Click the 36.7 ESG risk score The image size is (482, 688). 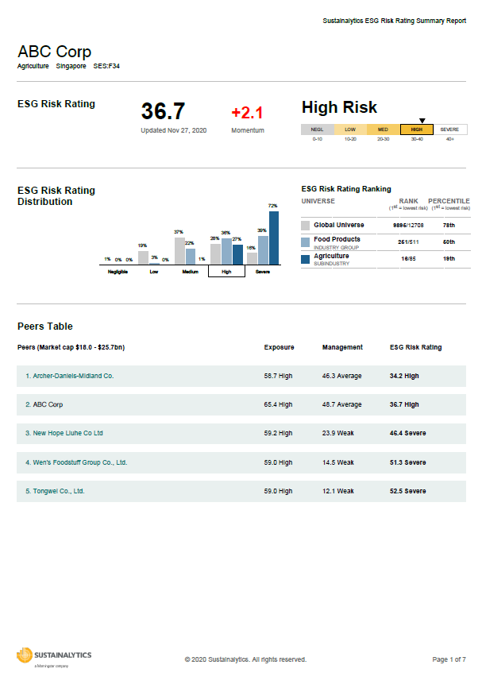[163, 111]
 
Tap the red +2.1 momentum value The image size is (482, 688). [247, 113]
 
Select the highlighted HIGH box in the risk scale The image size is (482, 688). [416, 129]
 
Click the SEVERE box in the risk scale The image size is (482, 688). [449, 129]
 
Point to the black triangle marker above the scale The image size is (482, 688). [422, 121]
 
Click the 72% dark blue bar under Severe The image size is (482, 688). [274, 237]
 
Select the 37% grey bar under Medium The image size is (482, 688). [179, 250]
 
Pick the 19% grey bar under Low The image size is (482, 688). [143, 257]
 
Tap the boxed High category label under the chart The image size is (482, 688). [226, 271]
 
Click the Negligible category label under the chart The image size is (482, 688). [118, 271]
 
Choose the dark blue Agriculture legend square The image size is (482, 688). [306, 258]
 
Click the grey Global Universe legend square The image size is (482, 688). [306, 226]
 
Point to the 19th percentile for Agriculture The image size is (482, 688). [449, 258]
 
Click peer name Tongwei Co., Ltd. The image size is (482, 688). [55, 491]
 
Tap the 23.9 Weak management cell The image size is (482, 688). [338, 433]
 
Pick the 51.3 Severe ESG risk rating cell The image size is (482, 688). [407, 462]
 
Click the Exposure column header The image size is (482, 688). [279, 347]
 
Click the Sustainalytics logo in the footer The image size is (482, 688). [54, 656]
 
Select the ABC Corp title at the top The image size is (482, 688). [54, 52]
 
